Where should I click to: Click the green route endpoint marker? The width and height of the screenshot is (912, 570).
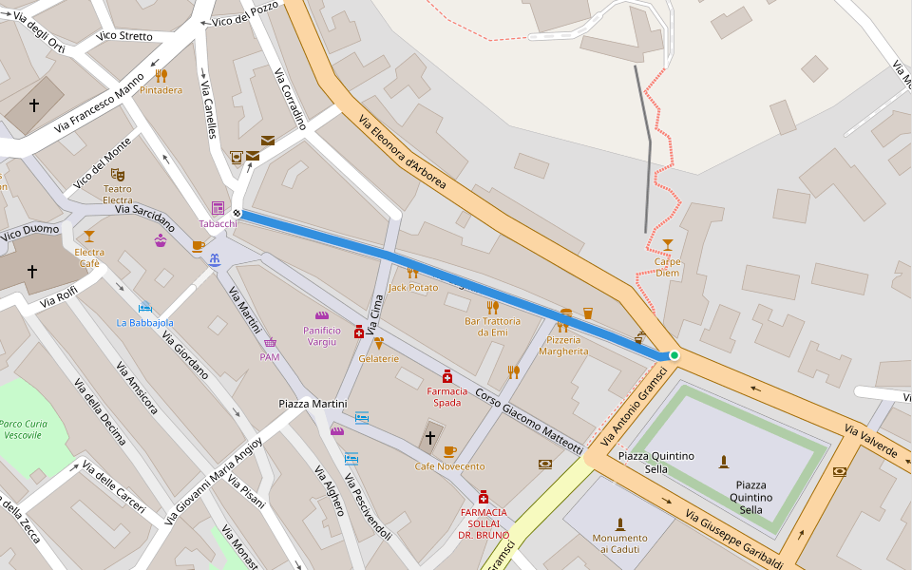pos(674,355)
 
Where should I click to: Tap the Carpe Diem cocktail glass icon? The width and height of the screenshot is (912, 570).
pos(667,245)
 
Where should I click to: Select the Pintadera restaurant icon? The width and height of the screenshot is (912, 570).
pos(161,75)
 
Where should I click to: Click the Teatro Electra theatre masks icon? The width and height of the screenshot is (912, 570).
pos(118,175)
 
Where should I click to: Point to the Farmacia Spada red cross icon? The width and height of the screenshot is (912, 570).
pos(446,376)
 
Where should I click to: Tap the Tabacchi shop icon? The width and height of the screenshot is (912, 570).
pos(218,208)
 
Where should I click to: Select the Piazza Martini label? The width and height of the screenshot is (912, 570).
pos(313,405)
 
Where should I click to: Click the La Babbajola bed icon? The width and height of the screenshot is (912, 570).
pos(144,307)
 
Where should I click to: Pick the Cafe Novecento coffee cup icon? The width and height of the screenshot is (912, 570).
pos(449,451)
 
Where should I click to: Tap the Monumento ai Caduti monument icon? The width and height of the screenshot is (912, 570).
pos(620,523)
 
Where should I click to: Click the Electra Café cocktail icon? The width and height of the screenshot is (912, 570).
pos(89,236)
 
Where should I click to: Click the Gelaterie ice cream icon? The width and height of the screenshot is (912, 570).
pos(378,343)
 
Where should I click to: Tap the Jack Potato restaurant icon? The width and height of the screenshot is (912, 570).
pos(412,273)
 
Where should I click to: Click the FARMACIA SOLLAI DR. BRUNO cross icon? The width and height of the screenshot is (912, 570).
pos(483,497)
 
